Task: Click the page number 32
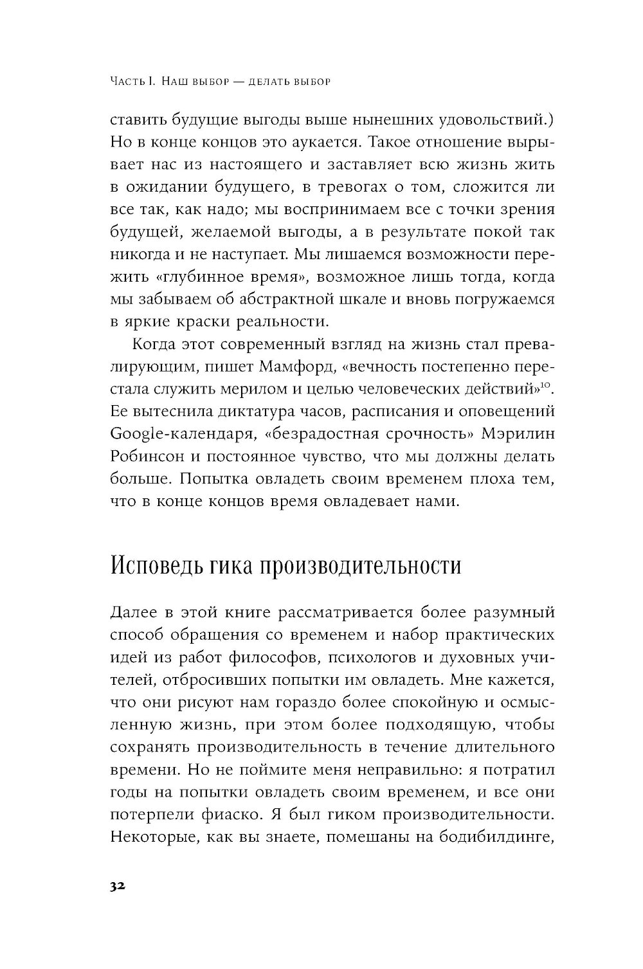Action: [x=117, y=886]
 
